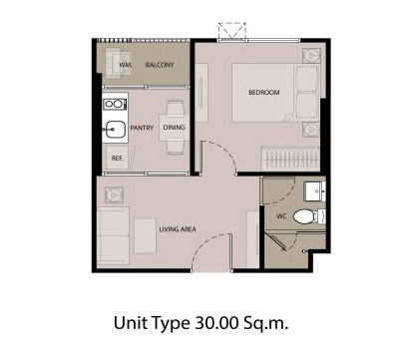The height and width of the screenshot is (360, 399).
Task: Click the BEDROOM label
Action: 264,92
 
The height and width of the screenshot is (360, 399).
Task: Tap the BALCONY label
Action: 160,65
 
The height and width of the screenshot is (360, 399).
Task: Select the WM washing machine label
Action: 125,65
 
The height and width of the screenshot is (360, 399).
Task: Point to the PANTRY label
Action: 142,128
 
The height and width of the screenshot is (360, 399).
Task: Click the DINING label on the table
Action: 174,128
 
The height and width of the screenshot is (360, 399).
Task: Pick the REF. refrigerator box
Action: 117,158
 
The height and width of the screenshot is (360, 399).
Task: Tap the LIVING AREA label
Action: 178,229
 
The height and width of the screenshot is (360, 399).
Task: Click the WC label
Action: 281,216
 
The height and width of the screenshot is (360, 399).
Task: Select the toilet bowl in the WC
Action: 309,216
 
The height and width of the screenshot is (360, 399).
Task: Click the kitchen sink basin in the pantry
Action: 116,129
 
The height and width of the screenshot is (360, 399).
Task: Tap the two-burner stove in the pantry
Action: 114,104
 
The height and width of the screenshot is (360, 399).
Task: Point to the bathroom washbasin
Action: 315,191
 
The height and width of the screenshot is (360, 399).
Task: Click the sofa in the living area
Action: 113,235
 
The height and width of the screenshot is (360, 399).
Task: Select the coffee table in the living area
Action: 145,236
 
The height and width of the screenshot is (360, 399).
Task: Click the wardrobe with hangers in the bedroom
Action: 290,159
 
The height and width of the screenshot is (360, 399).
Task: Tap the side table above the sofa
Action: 114,194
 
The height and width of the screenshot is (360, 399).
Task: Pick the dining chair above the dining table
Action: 176,108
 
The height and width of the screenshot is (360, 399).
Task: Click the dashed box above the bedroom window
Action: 232,31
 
